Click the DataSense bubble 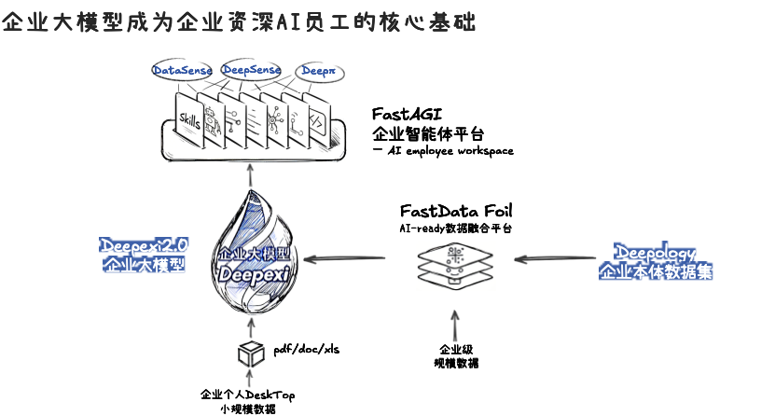183,71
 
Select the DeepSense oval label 251,71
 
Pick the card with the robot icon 212,118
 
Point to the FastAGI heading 408,114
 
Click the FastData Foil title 455,211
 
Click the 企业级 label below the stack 454,350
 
